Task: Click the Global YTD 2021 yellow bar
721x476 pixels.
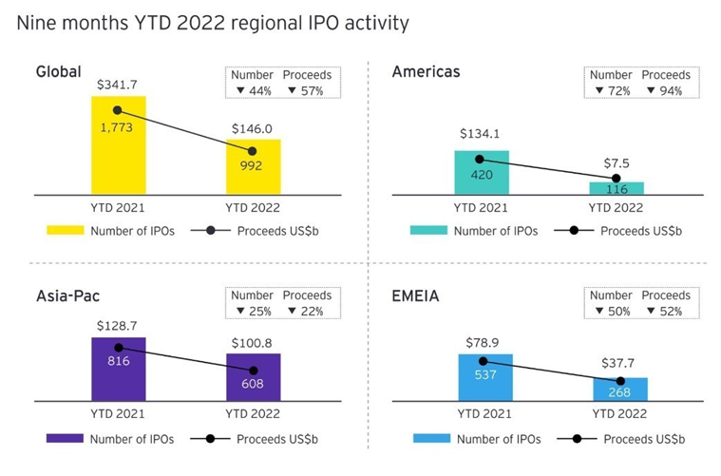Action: (x=118, y=152)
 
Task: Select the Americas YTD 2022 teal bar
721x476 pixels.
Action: (x=616, y=187)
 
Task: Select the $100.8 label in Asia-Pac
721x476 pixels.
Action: (x=253, y=342)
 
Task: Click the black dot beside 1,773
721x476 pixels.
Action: (x=118, y=109)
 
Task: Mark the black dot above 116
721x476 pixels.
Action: (x=616, y=178)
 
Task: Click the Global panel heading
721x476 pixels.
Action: (x=58, y=72)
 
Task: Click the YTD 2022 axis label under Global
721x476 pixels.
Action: (x=253, y=207)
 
